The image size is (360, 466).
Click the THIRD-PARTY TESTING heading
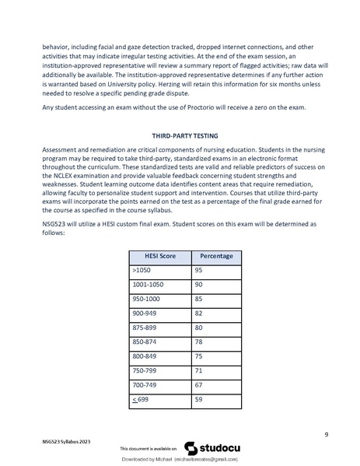[x=180, y=135]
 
